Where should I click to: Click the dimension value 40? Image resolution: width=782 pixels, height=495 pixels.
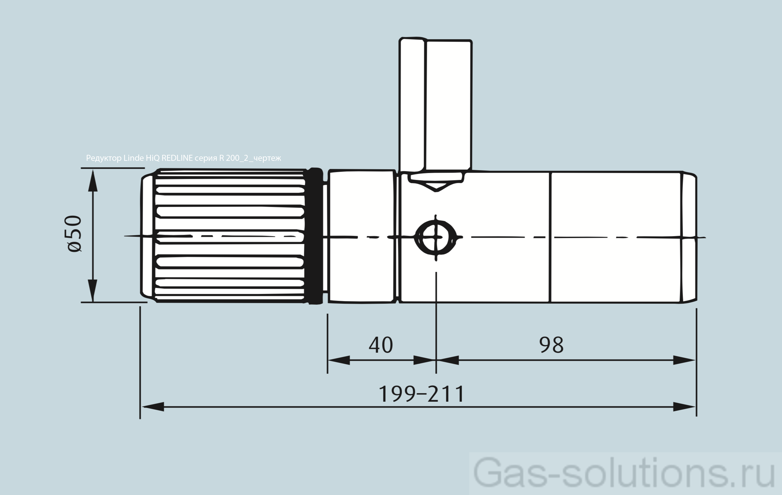pos(381,345)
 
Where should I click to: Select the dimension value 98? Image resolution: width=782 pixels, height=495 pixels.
pos(551,345)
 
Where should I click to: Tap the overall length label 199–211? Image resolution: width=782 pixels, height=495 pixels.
pos(421,394)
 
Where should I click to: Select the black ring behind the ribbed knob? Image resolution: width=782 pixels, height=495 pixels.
pos(314,236)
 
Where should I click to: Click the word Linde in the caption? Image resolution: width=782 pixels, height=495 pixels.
pos(133,158)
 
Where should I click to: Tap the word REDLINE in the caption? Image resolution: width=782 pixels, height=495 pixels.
pos(177,158)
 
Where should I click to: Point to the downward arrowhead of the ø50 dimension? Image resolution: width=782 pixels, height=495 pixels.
pos(93,291)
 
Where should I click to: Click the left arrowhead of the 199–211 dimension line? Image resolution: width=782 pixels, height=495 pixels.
pos(153,407)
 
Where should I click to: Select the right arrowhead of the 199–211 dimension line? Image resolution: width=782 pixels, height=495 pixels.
pos(684,407)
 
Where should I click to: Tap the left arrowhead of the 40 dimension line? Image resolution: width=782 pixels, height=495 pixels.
pos(339,360)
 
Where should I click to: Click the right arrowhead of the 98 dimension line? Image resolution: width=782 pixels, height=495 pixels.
pos(684,360)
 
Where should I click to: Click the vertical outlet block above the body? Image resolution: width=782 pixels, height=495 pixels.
pos(435,104)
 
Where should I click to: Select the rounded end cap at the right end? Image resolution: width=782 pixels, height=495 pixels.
pos(689,237)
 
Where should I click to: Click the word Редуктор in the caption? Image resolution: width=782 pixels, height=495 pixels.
pos(104,158)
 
